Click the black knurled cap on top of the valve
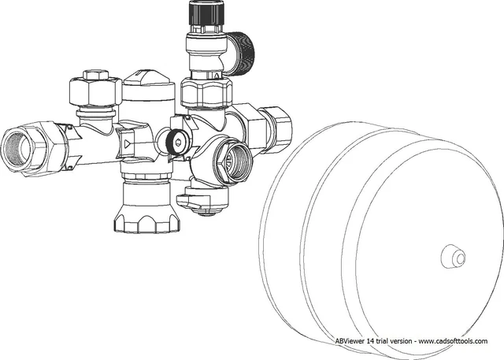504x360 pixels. pyautogui.click(x=203, y=13)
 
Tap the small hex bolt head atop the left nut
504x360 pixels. pyautogui.click(x=96, y=75)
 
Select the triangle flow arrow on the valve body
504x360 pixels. pyautogui.click(x=128, y=143)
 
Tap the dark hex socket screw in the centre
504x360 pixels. pyautogui.click(x=177, y=142)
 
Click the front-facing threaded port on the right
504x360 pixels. pyautogui.click(x=233, y=162)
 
